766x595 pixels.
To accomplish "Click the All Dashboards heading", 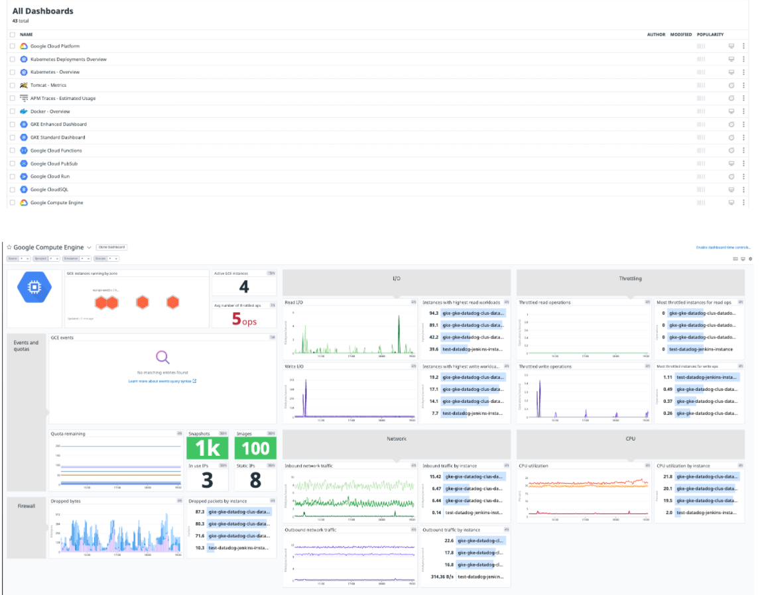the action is point(43,11).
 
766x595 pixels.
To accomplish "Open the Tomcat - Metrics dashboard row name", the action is point(48,85).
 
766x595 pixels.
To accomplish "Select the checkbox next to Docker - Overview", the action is point(12,111).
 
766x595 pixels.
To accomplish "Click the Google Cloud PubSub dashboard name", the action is point(54,164).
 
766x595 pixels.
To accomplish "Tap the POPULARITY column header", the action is point(710,34).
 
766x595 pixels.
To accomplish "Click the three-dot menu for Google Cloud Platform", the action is point(743,46).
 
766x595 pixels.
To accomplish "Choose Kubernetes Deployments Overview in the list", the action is point(68,60).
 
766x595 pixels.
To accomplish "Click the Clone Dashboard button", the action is point(111,247).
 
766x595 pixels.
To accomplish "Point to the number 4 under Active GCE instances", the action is point(244,287).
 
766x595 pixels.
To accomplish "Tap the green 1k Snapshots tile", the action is point(208,449).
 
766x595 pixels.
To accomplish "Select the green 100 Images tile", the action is point(255,449).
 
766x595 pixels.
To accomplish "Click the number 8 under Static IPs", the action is point(255,480).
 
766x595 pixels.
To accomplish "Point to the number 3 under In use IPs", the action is point(208,480).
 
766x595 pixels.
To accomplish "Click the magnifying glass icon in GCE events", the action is point(162,358).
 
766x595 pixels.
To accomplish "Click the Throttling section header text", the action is point(630,279).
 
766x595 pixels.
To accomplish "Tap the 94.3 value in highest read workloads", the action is point(434,313).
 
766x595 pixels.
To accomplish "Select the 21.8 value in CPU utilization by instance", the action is point(668,476).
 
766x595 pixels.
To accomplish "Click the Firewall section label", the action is point(27,506).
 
